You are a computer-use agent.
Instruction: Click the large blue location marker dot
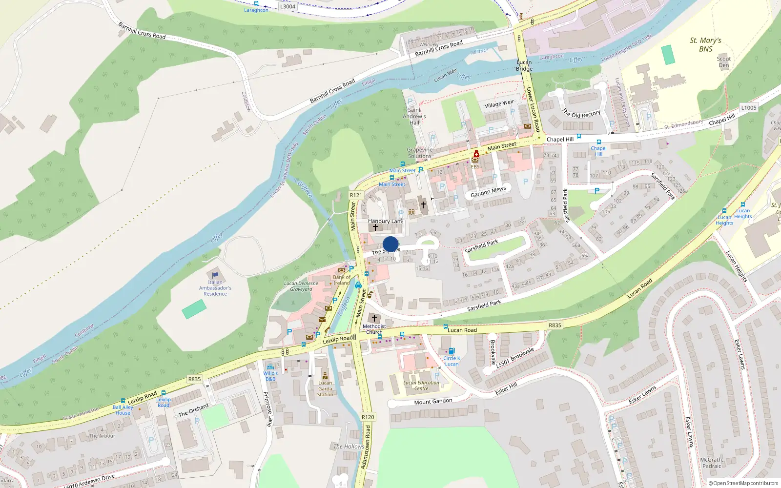390,244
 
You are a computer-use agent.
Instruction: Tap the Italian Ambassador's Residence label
215,288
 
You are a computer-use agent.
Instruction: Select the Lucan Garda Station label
325,388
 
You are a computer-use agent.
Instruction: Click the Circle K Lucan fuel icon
452,351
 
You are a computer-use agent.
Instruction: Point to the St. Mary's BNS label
705,44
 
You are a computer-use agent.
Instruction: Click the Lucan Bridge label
524,65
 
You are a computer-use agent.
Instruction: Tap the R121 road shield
356,195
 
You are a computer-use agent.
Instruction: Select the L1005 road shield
748,108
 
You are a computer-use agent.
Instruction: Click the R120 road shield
368,417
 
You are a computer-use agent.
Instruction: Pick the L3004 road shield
288,6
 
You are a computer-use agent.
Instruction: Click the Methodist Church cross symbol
374,318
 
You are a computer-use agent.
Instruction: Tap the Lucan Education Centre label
421,386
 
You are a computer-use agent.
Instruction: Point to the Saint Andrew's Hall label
414,116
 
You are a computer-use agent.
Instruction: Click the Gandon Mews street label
488,192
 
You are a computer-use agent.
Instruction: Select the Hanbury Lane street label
386,221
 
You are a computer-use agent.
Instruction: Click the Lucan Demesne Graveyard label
301,286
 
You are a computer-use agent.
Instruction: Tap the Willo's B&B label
270,376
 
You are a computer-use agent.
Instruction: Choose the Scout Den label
724,62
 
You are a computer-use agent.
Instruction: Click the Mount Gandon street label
433,402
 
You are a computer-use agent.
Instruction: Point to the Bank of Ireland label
342,280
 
